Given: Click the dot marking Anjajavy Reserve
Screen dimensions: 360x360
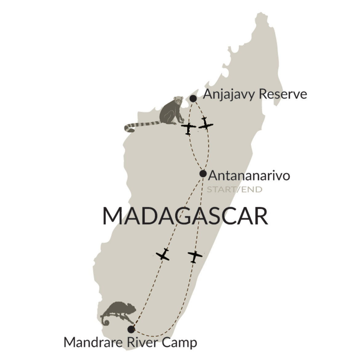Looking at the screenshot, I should pos(193,98).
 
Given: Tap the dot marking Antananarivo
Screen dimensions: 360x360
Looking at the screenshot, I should pos(203,174).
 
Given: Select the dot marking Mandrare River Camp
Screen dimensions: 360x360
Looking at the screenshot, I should pos(131,329).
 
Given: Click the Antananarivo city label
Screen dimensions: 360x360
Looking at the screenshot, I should pos(249,176).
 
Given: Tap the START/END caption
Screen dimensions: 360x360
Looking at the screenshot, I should pos(234,189).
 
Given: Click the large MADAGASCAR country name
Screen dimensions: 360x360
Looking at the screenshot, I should pos(185,216).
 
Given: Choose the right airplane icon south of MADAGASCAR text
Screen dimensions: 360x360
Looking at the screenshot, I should pos(194,256).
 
